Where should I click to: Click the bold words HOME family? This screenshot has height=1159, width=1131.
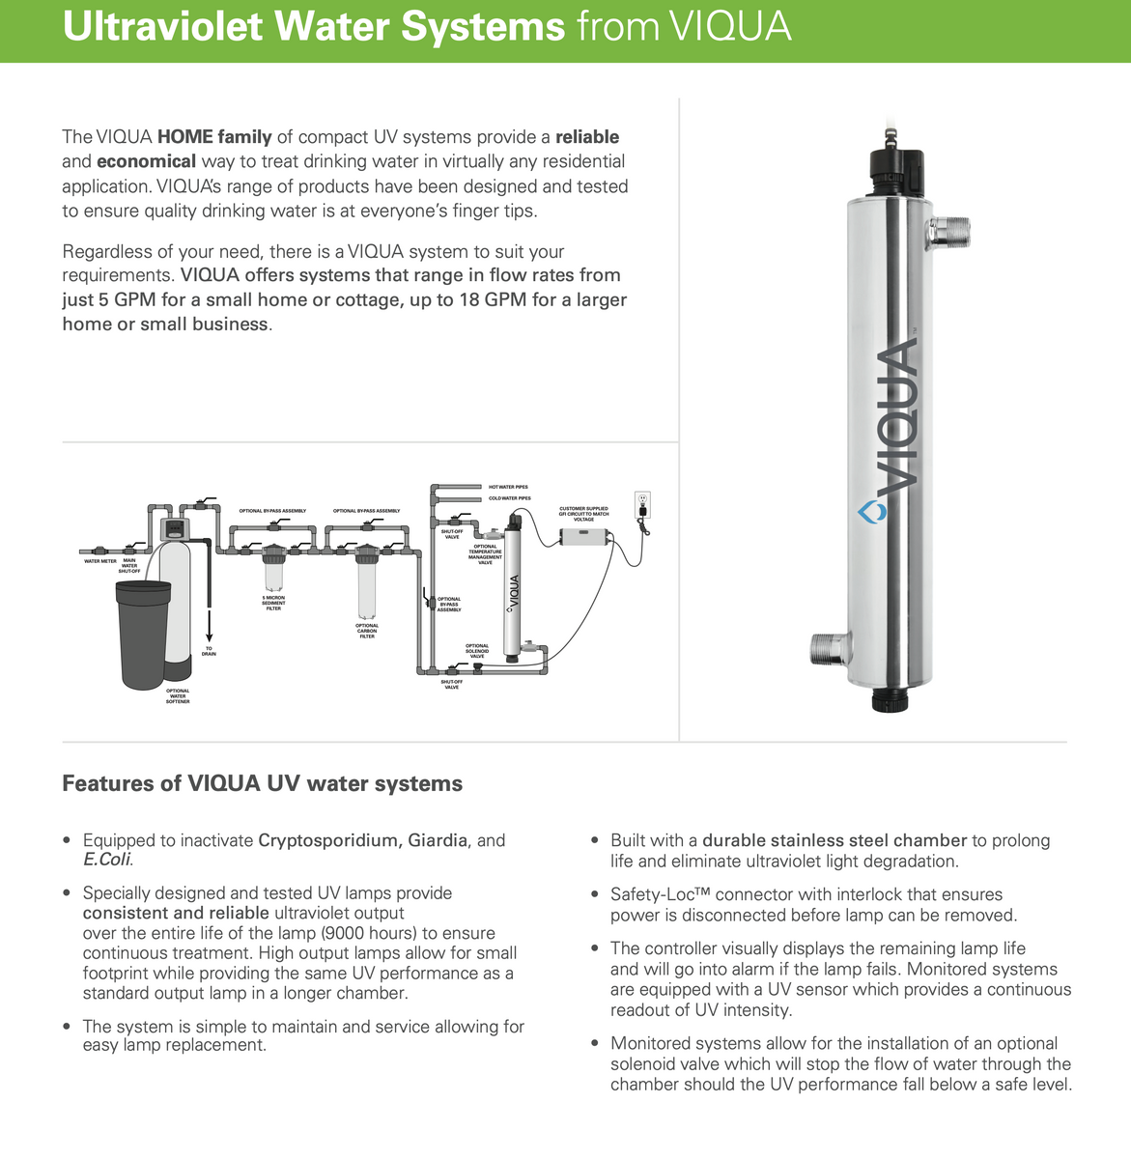[x=214, y=137]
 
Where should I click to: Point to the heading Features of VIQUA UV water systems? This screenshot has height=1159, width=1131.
[x=262, y=783]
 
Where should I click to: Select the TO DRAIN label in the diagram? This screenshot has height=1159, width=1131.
[x=209, y=651]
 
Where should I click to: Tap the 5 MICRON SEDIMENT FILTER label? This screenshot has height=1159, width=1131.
[x=273, y=604]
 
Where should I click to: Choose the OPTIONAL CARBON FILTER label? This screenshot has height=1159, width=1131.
[x=367, y=631]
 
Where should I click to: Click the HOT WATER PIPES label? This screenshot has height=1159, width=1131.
[x=508, y=487]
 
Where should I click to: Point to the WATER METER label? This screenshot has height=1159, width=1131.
[x=100, y=561]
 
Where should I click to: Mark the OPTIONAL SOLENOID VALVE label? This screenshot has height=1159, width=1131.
[x=477, y=651]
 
